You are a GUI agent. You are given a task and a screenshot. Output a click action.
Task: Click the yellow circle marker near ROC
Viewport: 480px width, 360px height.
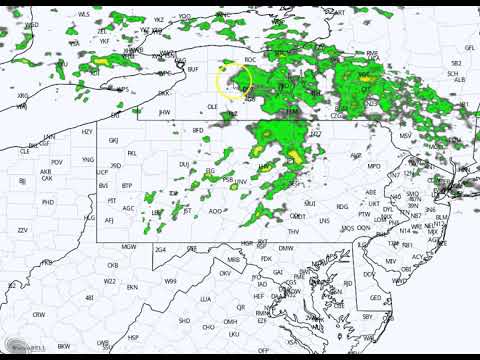pyautogui.click(x=233, y=81)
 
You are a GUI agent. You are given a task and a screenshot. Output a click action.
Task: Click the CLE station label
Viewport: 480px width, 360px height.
pyautogui.click(x=25, y=150)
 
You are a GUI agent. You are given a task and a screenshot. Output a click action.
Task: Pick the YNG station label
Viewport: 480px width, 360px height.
pyautogui.click(x=87, y=160)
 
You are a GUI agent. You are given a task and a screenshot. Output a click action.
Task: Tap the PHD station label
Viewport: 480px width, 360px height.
pyautogui.click(x=48, y=201)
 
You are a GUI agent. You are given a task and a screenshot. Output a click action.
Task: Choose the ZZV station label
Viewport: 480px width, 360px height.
pyautogui.click(x=22, y=230)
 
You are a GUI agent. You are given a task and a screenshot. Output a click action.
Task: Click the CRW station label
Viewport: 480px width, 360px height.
pyautogui.click(x=38, y=314)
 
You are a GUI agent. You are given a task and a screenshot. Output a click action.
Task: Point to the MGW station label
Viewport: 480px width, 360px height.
pyautogui.click(x=128, y=246)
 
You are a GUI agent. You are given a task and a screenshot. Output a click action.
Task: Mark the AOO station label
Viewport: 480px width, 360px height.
pyautogui.click(x=215, y=211)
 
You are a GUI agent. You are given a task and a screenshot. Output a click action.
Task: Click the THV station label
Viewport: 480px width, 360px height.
pyautogui.click(x=293, y=231)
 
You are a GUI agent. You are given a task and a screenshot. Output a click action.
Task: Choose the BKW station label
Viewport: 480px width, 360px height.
pyautogui.click(x=63, y=346)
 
